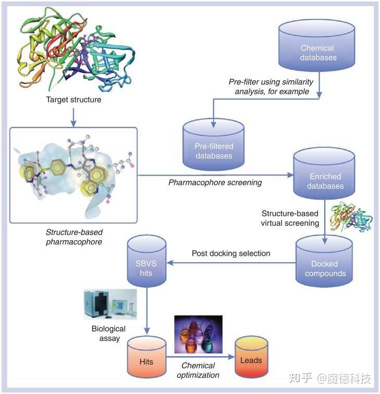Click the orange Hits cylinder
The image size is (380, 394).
146,360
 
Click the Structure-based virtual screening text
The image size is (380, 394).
290,218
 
